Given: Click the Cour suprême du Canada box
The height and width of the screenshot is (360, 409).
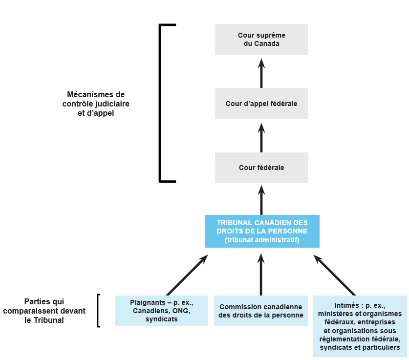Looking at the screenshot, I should pos(261,39).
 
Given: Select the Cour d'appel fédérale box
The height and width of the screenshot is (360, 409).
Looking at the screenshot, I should pos(261,104).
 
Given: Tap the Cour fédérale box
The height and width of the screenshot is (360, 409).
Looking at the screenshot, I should pos(261,168).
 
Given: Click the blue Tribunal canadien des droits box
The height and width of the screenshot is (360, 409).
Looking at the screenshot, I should pos(261,231).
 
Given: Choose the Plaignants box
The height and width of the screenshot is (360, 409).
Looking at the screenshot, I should pos(161,311).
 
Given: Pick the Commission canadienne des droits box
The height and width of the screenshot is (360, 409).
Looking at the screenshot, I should pos(261,311).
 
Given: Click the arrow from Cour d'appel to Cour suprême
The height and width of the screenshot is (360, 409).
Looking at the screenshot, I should pos(261,73).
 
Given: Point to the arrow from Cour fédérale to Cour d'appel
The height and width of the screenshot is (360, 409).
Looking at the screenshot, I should pos(261,138).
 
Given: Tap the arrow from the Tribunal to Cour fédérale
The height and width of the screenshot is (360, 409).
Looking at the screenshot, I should pos(261,200).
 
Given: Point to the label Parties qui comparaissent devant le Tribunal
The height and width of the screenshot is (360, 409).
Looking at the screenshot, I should pos(48,311).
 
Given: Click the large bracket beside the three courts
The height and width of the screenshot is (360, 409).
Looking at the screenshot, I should pos(161,103).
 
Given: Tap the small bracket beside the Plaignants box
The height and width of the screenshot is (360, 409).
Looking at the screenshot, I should pos(99,311).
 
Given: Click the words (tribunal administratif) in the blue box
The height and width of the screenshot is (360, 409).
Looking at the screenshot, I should pos(261,240).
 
